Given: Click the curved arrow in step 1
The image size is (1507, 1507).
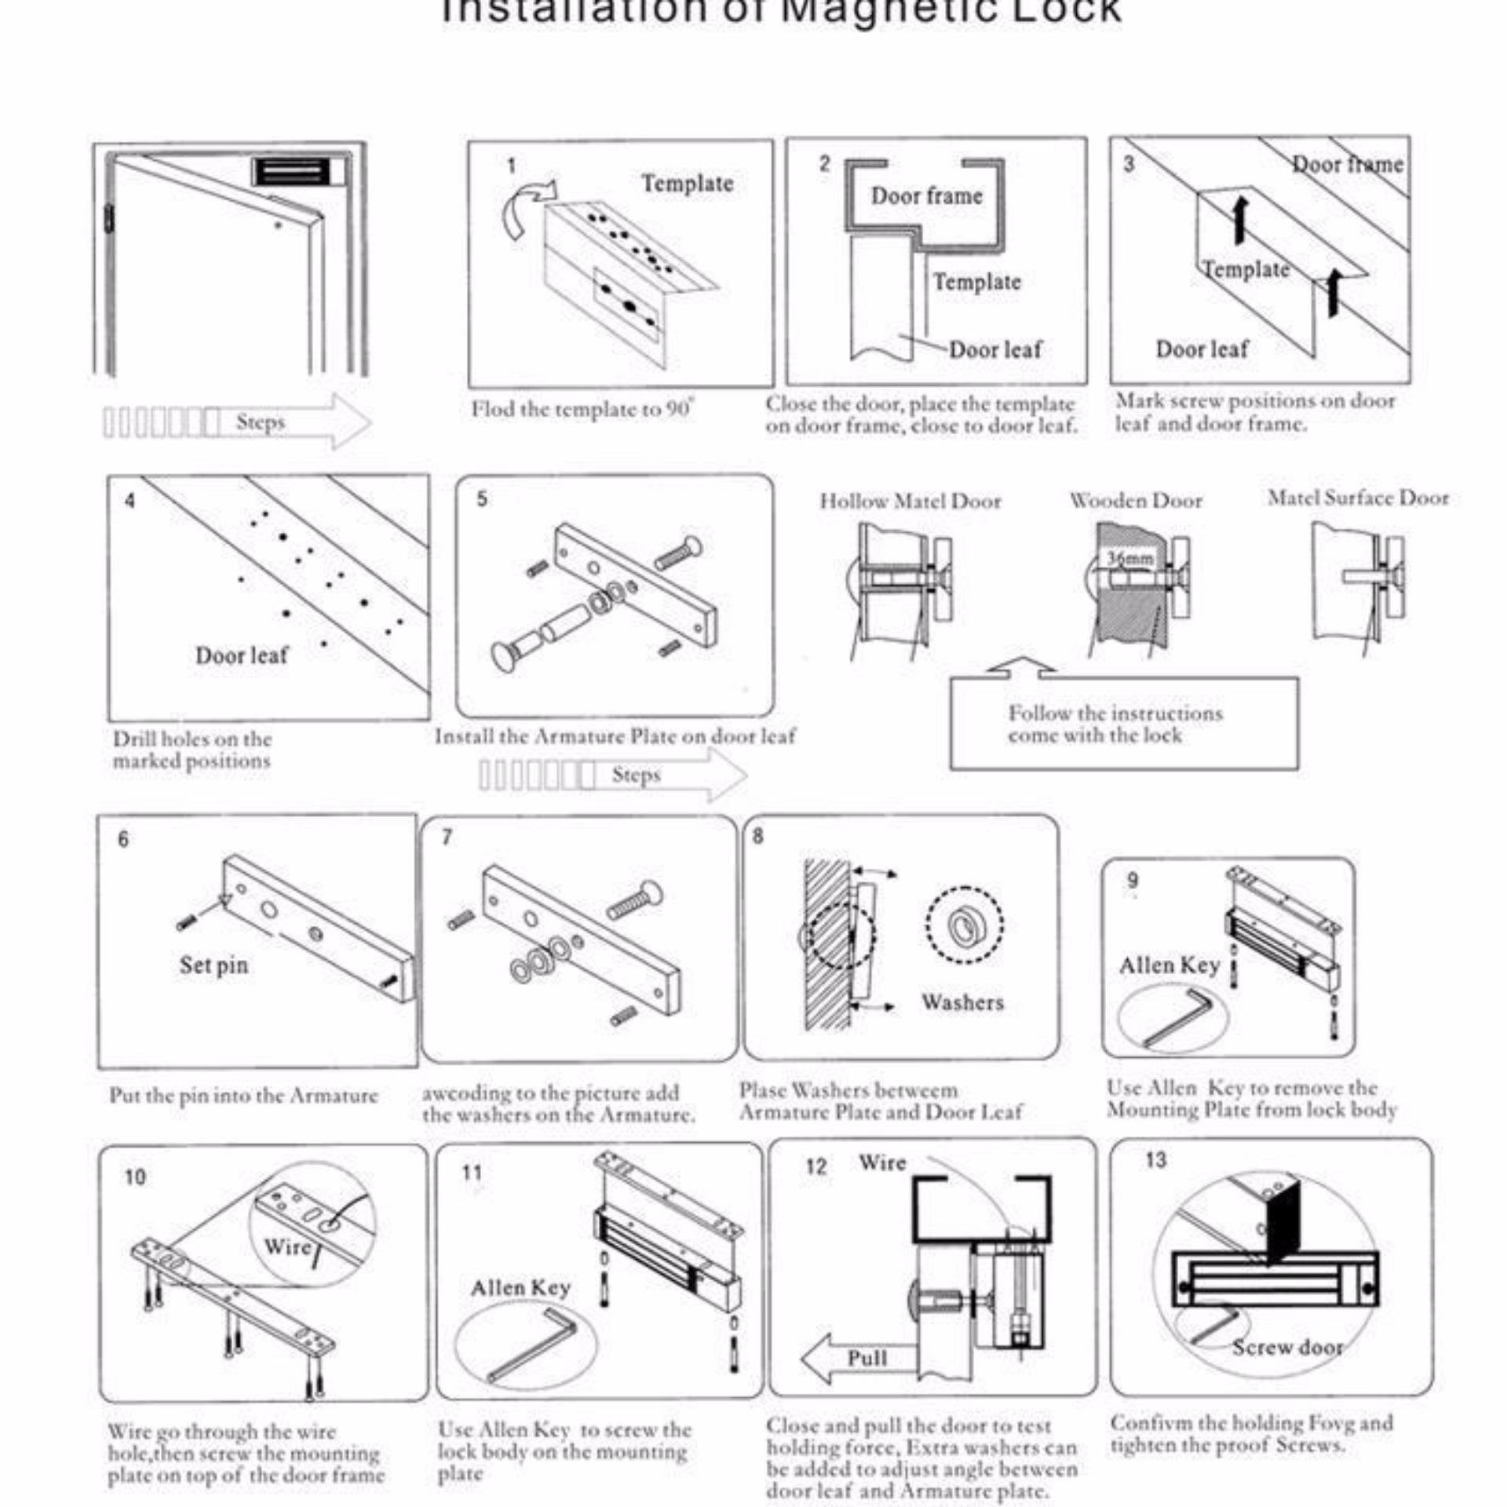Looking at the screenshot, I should pos(527,206).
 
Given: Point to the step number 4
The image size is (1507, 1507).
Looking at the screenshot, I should pos(130,500).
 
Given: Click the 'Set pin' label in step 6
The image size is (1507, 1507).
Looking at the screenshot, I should pos(213,965).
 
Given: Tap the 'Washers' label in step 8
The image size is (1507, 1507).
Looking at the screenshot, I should pos(962,1002).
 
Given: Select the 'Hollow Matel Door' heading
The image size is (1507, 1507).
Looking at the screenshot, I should pos(910,501).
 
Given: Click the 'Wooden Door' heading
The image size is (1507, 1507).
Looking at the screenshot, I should pos(1136,500).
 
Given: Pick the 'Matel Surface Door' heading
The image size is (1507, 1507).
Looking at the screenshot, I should pos(1358,498).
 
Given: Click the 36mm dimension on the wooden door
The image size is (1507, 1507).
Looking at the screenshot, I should pos(1130,559).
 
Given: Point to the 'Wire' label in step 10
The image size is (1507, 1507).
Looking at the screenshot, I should pos(286,1246).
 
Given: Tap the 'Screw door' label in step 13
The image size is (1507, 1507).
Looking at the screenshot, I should pos(1287,1347).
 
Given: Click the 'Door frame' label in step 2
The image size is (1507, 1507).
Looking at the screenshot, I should pos(926,195).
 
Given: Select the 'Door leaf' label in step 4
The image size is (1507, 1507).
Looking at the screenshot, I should pos(241,655).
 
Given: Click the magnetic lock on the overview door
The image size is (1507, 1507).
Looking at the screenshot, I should pos(290,170).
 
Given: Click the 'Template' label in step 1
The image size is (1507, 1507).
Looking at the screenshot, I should pos(687,183).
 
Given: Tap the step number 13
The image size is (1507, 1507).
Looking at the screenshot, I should pos(1155,1159).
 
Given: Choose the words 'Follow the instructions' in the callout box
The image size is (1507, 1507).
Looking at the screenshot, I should pos(1115,713).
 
